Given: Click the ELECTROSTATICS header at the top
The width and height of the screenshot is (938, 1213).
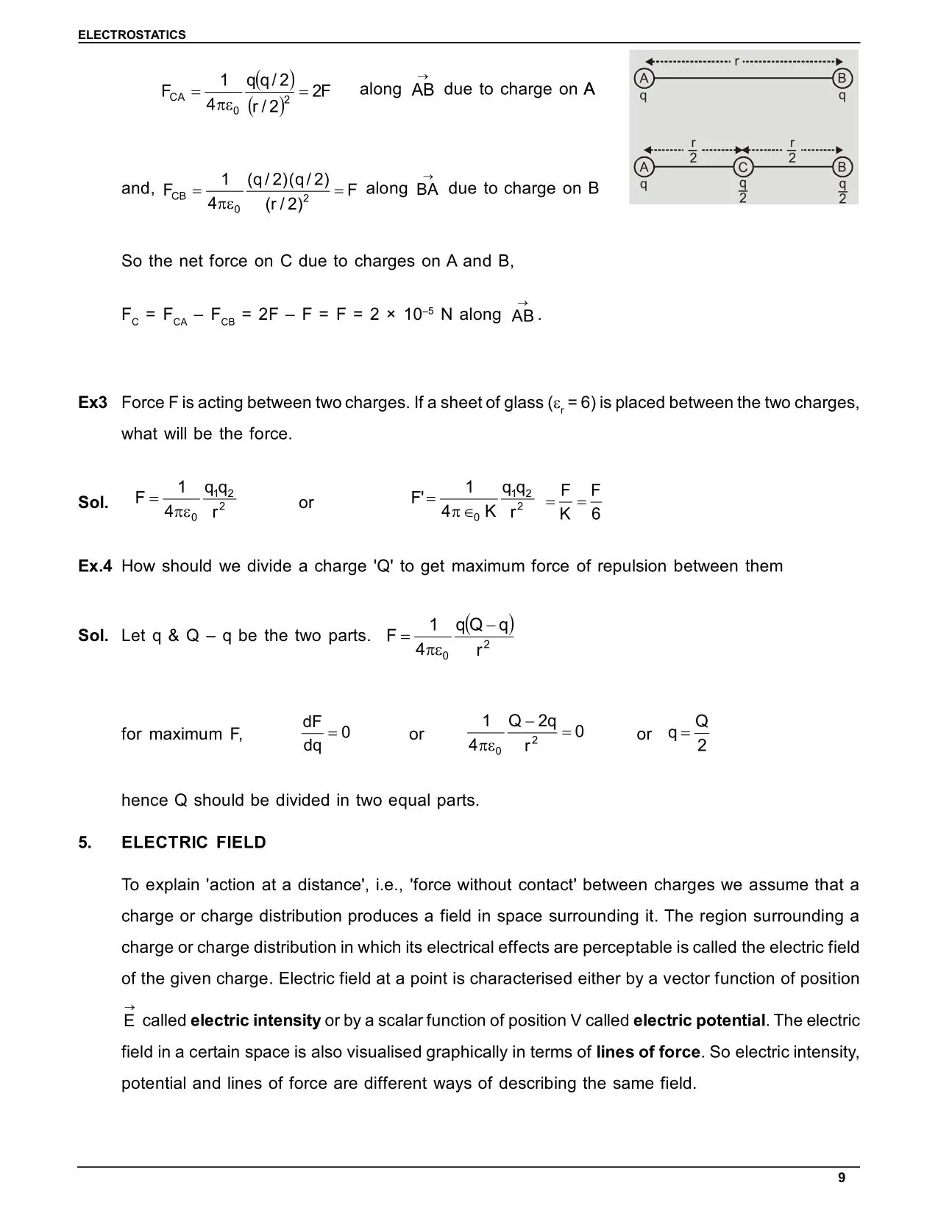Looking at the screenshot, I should [132, 35].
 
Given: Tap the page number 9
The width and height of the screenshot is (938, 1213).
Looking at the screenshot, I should [842, 1178].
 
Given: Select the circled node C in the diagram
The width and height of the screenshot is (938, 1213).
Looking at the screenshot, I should [743, 168].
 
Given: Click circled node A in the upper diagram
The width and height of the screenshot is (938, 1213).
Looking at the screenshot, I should [644, 78].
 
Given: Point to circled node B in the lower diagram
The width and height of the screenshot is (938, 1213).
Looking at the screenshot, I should [842, 167].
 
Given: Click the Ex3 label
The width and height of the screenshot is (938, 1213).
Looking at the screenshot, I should [93, 403].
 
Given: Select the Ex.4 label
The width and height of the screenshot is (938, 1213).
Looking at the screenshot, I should [95, 566].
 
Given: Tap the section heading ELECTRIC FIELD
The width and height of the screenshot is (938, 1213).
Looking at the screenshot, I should [193, 842].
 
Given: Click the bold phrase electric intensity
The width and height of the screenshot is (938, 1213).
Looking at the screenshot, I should [255, 1020].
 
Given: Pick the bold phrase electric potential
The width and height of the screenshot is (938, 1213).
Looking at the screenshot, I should [699, 1020].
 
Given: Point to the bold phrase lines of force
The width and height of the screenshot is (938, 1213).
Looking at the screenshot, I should [648, 1052].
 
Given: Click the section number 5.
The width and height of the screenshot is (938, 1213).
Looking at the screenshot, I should [85, 842].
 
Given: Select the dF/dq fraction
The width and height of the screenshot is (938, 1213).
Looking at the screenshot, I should [313, 734].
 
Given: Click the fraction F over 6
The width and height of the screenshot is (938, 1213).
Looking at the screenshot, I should [595, 502].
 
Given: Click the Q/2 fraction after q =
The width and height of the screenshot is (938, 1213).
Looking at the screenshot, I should [701, 733].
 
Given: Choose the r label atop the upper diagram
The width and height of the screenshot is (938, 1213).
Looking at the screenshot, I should [736, 61].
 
